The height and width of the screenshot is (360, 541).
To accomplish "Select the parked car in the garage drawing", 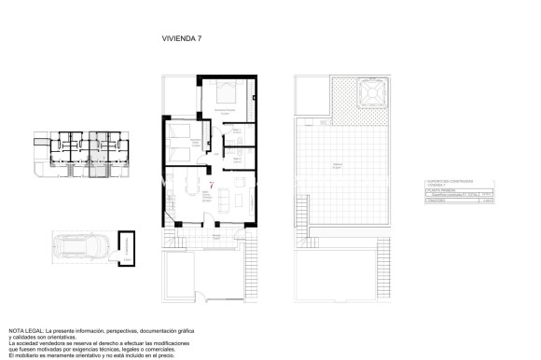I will pyautogui.click(x=81, y=249).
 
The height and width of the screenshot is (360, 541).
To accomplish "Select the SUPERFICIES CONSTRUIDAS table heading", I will pyautogui.click(x=450, y=182).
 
